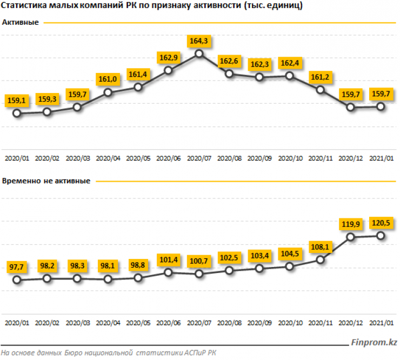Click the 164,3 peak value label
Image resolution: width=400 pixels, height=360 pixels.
click(x=197, y=41)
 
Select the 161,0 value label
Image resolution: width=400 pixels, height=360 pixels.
click(x=106, y=80)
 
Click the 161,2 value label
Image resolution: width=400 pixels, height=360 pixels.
click(x=319, y=77)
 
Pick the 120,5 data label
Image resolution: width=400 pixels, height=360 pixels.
click(x=380, y=223)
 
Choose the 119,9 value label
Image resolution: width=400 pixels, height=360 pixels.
click(x=349, y=224)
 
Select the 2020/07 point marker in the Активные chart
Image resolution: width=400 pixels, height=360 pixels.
click(x=199, y=53)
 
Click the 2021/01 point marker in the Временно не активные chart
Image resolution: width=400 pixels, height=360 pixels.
click(x=381, y=235)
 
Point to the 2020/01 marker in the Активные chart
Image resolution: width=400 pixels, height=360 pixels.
click(x=17, y=113)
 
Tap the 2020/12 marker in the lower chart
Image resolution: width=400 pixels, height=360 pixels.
click(x=350, y=236)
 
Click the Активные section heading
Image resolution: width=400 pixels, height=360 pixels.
click(x=21, y=23)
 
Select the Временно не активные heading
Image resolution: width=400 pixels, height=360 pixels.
click(x=46, y=181)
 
